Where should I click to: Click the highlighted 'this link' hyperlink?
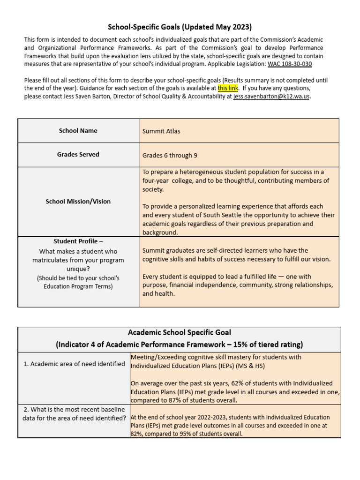coord(228,88)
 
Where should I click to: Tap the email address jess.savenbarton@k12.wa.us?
coord(271,97)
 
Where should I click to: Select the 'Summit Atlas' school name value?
coord(161,131)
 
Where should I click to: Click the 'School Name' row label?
coord(78,131)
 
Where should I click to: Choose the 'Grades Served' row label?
coord(78,154)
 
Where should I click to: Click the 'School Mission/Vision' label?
coord(78,202)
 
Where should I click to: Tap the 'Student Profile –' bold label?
coord(78,241)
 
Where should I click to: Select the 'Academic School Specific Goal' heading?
coord(180,333)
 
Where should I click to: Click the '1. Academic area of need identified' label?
coord(74,364)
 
